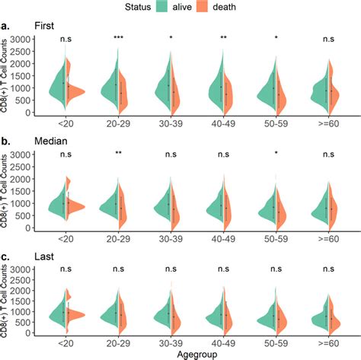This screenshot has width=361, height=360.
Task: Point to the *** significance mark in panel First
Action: click(x=119, y=38)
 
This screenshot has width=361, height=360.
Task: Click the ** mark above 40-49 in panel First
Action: click(x=222, y=38)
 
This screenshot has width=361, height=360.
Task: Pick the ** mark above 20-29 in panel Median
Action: click(x=119, y=155)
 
